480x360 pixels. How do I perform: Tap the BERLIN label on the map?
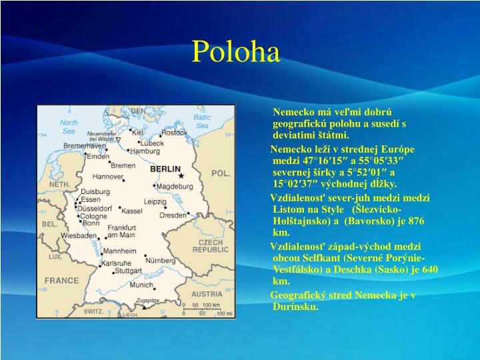click(x=165, y=169)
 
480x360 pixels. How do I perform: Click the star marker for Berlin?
click(x=181, y=175)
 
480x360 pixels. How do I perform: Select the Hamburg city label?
click(x=145, y=151)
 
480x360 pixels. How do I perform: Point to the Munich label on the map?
click(x=141, y=285)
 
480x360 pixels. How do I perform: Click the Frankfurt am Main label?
click(x=121, y=231)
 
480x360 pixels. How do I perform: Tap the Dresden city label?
click(x=173, y=215)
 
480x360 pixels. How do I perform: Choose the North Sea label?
click(x=69, y=126)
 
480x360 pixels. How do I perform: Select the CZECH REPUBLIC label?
click(x=211, y=245)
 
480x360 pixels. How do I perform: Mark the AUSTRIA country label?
click(x=207, y=293)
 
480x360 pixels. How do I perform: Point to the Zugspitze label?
click(x=147, y=301)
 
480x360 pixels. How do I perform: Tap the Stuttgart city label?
click(x=128, y=271)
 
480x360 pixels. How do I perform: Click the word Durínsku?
click(x=296, y=307)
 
